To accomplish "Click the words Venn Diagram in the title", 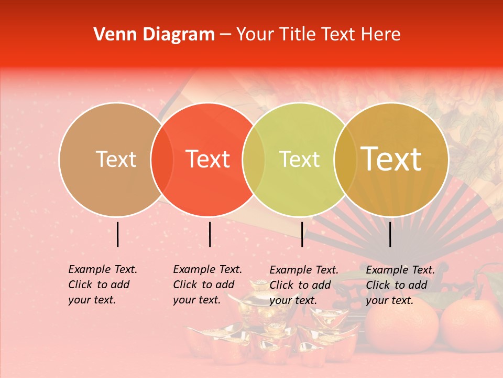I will pos(154,35).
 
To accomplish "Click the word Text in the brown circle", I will pos(116,159).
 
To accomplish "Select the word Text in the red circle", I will pos(208,159).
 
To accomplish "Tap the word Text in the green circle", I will pos(300,159).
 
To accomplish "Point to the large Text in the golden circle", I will pos(391,159).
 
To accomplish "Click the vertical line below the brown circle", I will pos(117,234).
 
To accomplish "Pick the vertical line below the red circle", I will pos(210,234).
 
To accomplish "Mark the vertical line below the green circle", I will pos(302,234).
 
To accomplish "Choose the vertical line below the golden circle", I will pos(390,234).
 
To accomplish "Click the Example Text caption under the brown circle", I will pos(102,285).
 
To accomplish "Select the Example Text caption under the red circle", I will pos(207,285).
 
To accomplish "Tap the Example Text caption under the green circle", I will pos(303,285).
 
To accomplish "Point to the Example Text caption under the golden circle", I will pos(400,285).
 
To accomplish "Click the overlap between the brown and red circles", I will pos(162,160).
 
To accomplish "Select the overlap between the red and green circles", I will pos(254,160).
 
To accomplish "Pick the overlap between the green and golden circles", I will pos(345,160).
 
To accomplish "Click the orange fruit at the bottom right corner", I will pos(472,325).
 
